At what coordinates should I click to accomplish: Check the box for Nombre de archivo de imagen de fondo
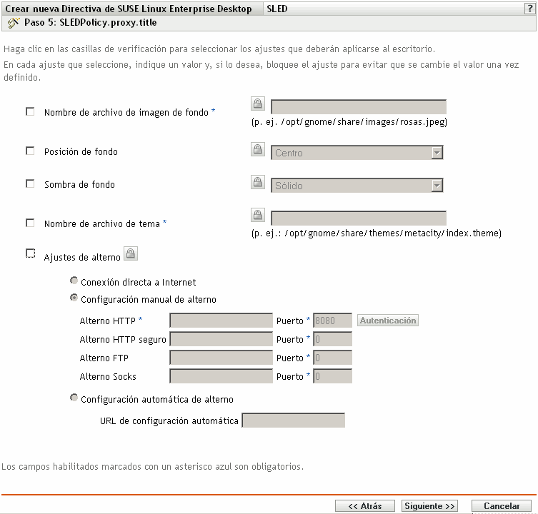[x=30, y=111]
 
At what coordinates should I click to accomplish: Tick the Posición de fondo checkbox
[x=30, y=151]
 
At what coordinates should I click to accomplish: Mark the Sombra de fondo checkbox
[x=30, y=183]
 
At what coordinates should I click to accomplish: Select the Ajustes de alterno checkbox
[x=30, y=253]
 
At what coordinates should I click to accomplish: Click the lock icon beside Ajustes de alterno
[x=131, y=253]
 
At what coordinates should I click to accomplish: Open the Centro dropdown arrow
[x=436, y=153]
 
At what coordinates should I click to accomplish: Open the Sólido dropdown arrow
[x=436, y=186]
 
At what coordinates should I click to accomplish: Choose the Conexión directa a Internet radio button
[x=74, y=281]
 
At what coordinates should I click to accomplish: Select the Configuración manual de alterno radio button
[x=74, y=298]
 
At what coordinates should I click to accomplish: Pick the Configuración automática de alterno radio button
[x=74, y=398]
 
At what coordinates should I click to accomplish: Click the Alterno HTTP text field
[x=221, y=321]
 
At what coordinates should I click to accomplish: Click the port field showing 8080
[x=332, y=321]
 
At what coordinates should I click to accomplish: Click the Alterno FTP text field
[x=221, y=358]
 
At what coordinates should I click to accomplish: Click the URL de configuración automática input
[x=294, y=420]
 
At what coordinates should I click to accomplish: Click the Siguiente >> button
[x=429, y=505]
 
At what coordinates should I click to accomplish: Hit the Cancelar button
[x=502, y=505]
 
